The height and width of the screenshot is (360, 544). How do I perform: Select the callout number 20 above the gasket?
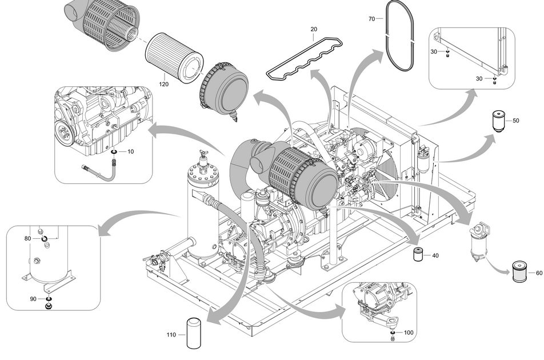[314, 29]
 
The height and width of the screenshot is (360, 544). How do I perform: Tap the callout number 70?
[371, 19]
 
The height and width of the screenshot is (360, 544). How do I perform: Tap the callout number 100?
[408, 332]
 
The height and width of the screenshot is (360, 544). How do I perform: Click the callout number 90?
[33, 299]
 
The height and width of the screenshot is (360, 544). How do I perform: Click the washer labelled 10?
[114, 152]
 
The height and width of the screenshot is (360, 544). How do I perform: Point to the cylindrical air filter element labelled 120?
[174, 58]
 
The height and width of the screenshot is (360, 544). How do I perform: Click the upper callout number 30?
[434, 52]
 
